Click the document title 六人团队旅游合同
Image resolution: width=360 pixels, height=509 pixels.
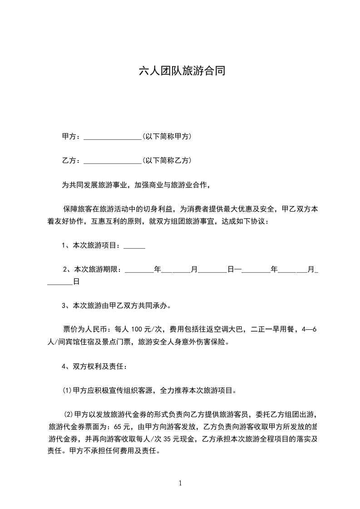click(182, 71)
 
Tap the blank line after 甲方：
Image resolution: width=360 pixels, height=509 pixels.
click(113, 137)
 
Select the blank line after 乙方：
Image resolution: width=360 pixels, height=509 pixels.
click(113, 161)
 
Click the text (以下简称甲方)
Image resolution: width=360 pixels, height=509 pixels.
click(166, 136)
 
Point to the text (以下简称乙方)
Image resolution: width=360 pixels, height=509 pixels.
click(166, 160)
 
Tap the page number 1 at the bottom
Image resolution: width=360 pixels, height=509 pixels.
click(180, 483)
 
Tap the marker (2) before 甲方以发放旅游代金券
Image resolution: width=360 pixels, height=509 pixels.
click(69, 414)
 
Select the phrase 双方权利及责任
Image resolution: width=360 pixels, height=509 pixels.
click(96, 366)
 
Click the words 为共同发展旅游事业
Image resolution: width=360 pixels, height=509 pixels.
click(95, 185)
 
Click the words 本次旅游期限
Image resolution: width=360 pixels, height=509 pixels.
click(95, 269)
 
